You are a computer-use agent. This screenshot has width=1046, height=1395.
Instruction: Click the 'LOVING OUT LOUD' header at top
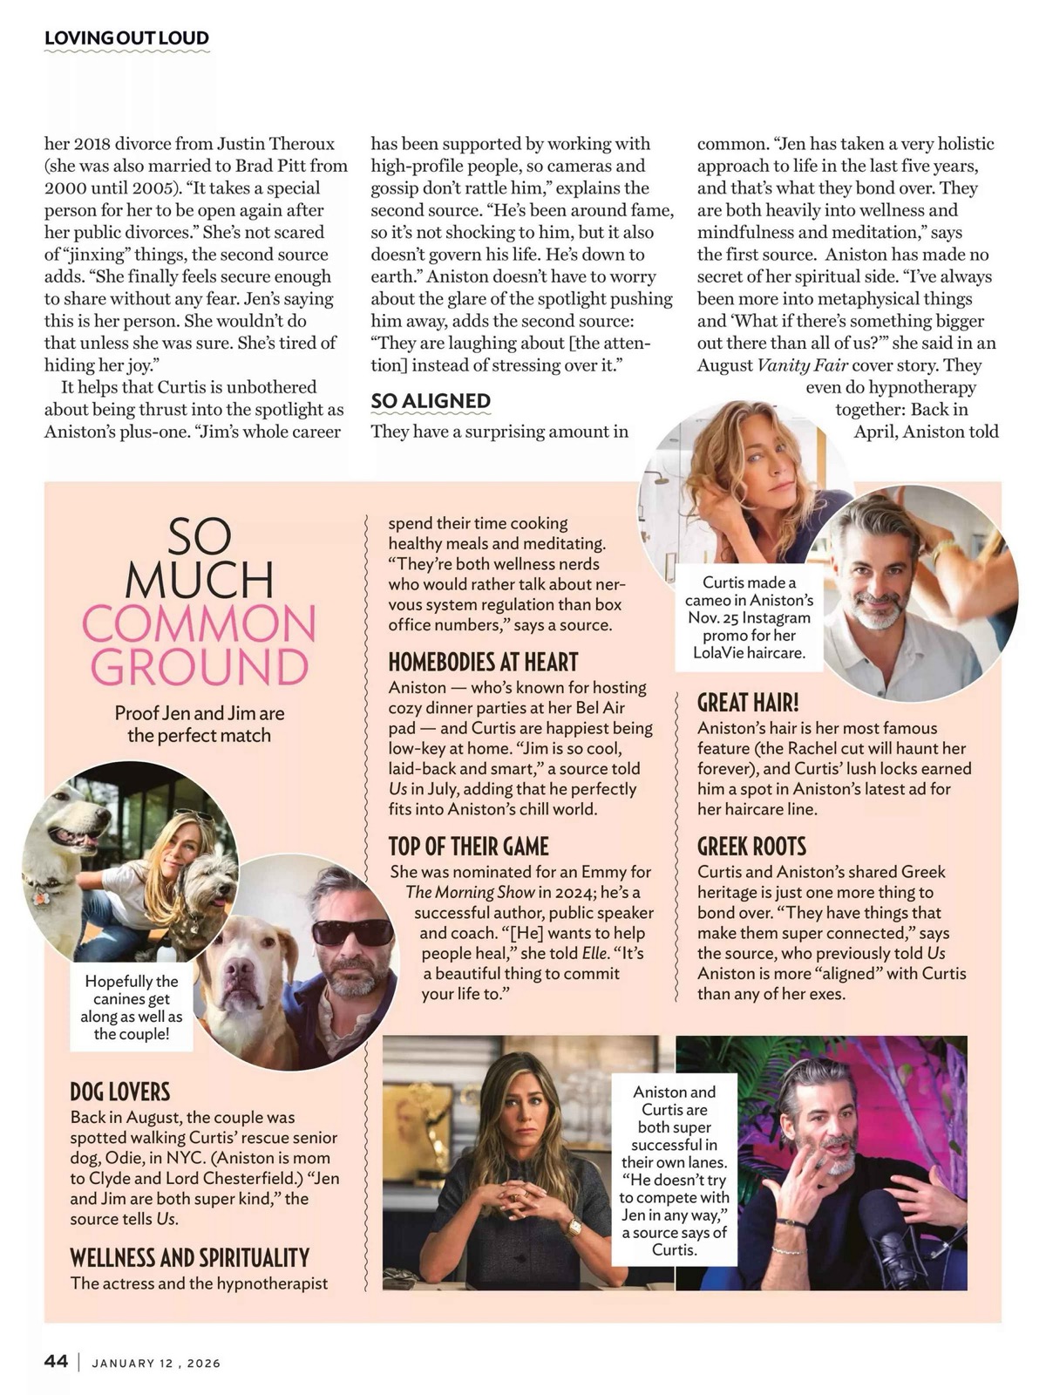[126, 38]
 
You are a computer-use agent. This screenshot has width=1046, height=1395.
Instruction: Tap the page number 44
[56, 1361]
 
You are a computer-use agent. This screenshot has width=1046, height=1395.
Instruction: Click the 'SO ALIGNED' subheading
[431, 401]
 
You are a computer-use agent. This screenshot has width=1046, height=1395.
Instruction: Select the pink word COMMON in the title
[199, 624]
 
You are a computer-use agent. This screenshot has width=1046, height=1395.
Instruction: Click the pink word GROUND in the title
[199, 667]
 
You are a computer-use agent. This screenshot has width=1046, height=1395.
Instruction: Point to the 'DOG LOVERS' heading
[120, 1092]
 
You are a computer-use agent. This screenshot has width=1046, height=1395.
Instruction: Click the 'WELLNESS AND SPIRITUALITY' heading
[190, 1257]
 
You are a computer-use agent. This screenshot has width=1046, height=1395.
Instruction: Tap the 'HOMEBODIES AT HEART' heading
[483, 663]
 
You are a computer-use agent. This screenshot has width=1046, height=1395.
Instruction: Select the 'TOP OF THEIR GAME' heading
[468, 847]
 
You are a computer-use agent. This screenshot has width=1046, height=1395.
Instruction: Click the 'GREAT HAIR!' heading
[748, 703]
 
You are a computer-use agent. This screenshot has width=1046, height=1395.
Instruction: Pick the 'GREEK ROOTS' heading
[751, 847]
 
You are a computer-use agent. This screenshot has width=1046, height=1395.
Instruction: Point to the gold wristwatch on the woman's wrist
[574, 1227]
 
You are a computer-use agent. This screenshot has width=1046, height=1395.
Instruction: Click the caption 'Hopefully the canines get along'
[132, 1007]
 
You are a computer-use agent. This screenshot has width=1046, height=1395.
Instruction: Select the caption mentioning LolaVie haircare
[749, 617]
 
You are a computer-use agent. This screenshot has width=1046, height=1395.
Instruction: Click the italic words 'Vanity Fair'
[802, 365]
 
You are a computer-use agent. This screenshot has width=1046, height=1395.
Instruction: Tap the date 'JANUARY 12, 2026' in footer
[156, 1363]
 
